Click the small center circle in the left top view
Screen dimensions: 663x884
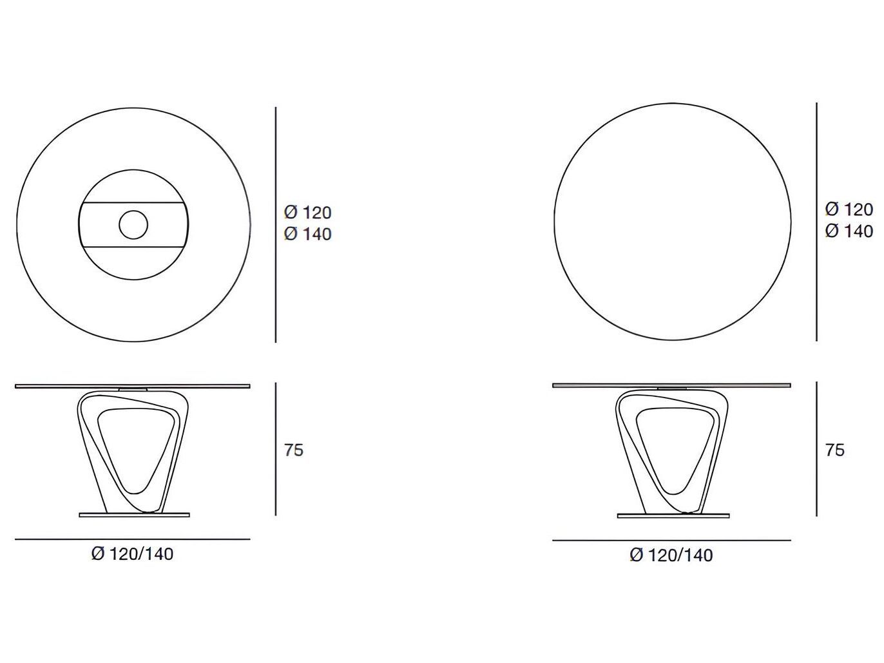tap(133, 224)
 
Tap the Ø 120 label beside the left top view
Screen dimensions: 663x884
tap(307, 212)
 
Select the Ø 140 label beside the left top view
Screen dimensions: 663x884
tap(307, 234)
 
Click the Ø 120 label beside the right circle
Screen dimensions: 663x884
tap(849, 209)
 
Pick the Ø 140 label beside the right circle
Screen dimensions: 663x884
tap(849, 231)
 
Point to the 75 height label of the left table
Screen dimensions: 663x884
tap(293, 450)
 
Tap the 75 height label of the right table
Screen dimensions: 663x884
tap(834, 450)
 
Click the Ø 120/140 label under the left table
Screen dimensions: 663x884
tap(132, 553)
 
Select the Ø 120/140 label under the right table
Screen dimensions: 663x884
tap(671, 555)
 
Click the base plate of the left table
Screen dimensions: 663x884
tap(134, 515)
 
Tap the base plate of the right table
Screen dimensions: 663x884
tap(673, 515)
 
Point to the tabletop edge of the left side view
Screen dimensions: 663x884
tap(132, 387)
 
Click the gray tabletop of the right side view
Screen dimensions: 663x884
tap(671, 385)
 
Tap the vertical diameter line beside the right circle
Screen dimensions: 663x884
tap(816, 222)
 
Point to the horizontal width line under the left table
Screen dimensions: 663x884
tap(132, 539)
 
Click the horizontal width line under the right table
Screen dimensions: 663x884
tap(671, 540)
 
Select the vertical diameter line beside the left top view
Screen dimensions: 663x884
tap(276, 224)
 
